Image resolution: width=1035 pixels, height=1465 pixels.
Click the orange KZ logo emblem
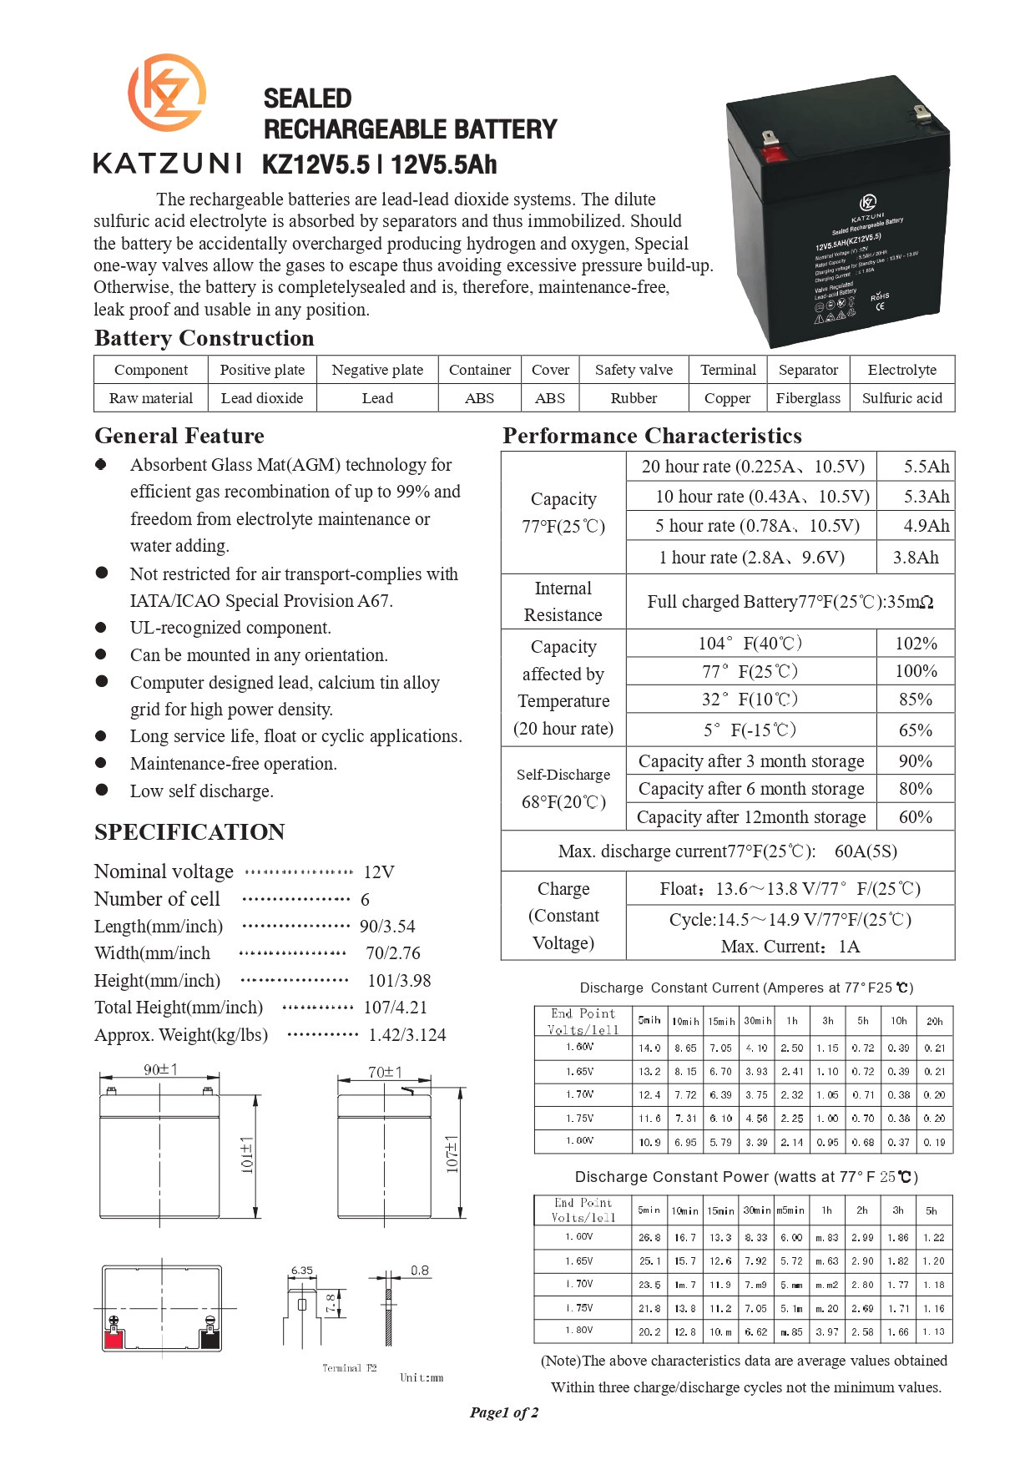(167, 93)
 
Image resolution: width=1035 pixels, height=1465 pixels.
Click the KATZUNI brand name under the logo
(168, 164)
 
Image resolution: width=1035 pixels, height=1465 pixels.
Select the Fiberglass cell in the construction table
(808, 398)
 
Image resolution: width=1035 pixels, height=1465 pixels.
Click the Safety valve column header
(634, 370)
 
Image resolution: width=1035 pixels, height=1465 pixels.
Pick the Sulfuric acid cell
(901, 398)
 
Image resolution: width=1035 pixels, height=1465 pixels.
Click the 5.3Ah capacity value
(926, 497)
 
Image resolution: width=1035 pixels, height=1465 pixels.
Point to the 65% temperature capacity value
(915, 730)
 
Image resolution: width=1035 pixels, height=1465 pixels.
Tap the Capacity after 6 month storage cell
(750, 789)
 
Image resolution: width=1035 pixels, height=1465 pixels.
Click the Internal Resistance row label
(563, 602)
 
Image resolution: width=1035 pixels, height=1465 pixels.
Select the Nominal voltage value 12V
(379, 872)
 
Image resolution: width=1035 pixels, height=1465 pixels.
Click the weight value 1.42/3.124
(407, 1035)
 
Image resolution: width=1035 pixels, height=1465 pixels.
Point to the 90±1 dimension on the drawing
(160, 1069)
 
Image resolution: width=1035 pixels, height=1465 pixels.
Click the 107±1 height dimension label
(452, 1154)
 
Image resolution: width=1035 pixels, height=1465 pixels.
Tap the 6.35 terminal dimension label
(301, 1271)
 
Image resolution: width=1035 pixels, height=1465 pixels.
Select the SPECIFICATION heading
(189, 832)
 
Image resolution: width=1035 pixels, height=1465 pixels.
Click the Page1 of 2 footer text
(504, 1412)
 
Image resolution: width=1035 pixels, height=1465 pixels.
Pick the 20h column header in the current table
(934, 1021)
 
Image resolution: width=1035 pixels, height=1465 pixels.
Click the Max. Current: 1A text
(790, 947)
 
